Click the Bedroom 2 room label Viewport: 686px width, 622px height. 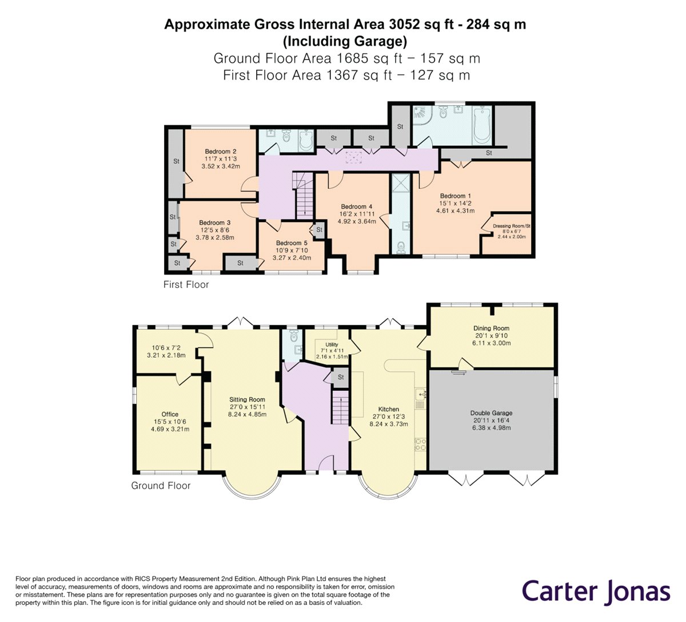coord(221,151)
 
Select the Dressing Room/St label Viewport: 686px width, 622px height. coord(511,226)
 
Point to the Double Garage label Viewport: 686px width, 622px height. coord(491,413)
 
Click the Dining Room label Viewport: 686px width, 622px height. coord(491,328)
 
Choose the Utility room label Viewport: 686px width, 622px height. coord(332,344)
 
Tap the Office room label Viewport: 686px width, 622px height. coord(170,414)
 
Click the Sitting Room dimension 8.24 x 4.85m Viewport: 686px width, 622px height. coord(248,414)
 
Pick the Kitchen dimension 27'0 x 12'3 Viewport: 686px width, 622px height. coord(389,417)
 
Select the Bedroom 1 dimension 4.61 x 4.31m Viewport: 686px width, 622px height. coord(455,211)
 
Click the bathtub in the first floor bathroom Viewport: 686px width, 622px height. coord(482,125)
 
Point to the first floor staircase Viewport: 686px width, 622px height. coord(304,195)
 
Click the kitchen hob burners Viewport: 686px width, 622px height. coord(420,445)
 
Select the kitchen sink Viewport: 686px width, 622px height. coord(420,395)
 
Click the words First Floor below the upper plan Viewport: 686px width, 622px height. coord(186,284)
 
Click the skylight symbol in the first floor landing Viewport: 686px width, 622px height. coord(353,158)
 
